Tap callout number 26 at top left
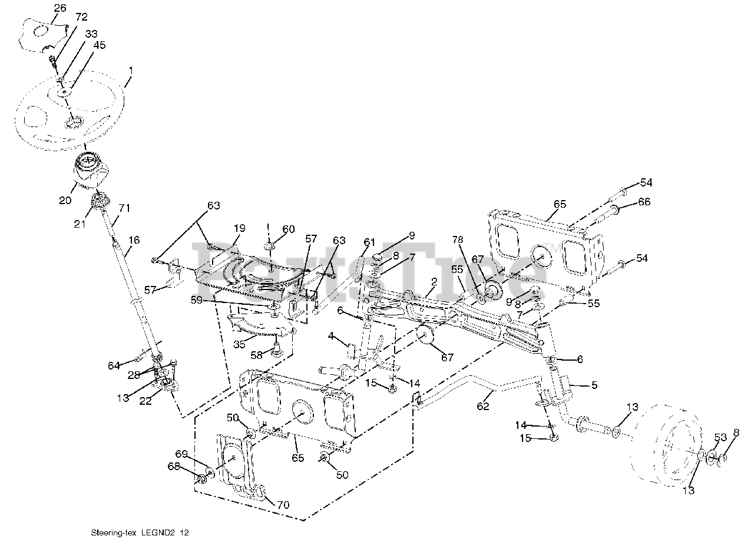pyautogui.click(x=60, y=8)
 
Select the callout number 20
pyautogui.click(x=65, y=200)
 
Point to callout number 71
pyautogui.click(x=124, y=208)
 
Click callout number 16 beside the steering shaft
pyautogui.click(x=134, y=239)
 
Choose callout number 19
pyautogui.click(x=239, y=228)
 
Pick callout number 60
pyautogui.click(x=288, y=229)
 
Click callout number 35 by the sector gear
pyautogui.click(x=239, y=344)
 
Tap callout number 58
pyautogui.click(x=256, y=355)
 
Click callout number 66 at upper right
pyautogui.click(x=644, y=202)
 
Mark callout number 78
pyautogui.click(x=458, y=240)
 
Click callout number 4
pyautogui.click(x=331, y=336)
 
